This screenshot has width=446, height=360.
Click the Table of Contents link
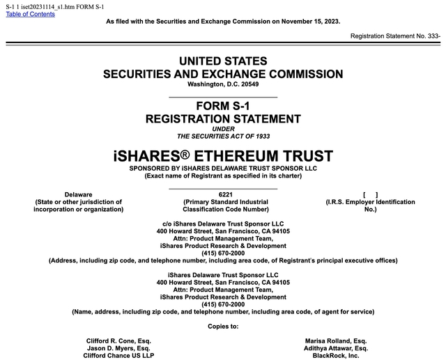[x=30, y=14]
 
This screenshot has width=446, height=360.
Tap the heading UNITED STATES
[x=223, y=62]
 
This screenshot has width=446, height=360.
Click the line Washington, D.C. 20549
[x=223, y=84]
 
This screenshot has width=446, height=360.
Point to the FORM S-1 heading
[x=223, y=107]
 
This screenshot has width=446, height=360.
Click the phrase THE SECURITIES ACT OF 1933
[x=223, y=136]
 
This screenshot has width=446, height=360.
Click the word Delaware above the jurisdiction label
[x=78, y=194]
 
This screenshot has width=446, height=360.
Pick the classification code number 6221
[x=225, y=194]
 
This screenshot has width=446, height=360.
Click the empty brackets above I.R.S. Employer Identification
[x=371, y=194]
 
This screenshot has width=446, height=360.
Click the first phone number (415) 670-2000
[x=223, y=253]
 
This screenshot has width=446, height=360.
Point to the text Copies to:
[x=223, y=326]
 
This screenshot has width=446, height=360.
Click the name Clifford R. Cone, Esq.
[x=118, y=341]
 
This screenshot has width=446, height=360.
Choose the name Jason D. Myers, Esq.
[x=118, y=348]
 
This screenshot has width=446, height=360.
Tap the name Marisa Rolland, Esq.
[x=336, y=341]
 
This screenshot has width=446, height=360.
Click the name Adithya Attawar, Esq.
[x=336, y=348]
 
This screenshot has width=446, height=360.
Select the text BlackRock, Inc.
[x=336, y=355]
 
